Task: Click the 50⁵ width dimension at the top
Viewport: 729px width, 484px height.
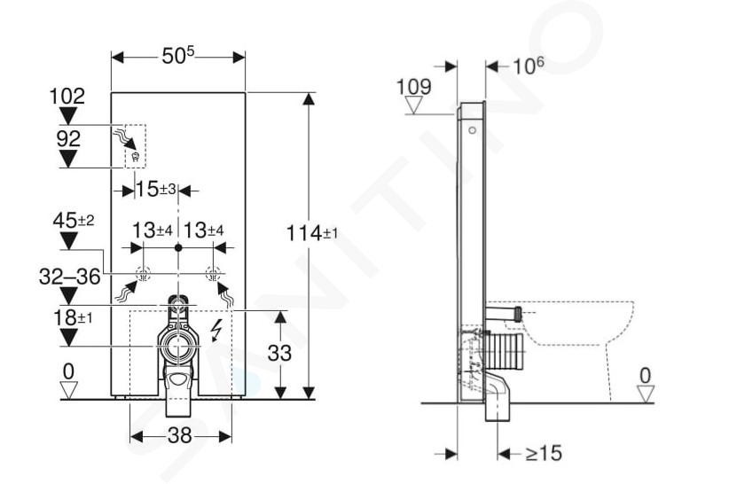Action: click(x=178, y=56)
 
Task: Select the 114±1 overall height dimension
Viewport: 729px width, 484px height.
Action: click(x=311, y=233)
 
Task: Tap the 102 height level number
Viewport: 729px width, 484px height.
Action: click(x=67, y=96)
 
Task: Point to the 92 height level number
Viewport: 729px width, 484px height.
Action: click(x=68, y=138)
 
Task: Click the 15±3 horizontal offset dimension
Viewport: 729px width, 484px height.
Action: click(x=156, y=189)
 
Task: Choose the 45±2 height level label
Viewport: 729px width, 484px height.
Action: click(x=74, y=220)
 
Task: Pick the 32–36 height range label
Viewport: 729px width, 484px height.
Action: click(x=70, y=277)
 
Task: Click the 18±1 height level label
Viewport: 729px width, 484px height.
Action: click(x=73, y=318)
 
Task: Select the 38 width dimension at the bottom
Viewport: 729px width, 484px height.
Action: click(x=179, y=436)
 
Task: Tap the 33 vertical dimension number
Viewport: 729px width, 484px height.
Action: click(x=279, y=353)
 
